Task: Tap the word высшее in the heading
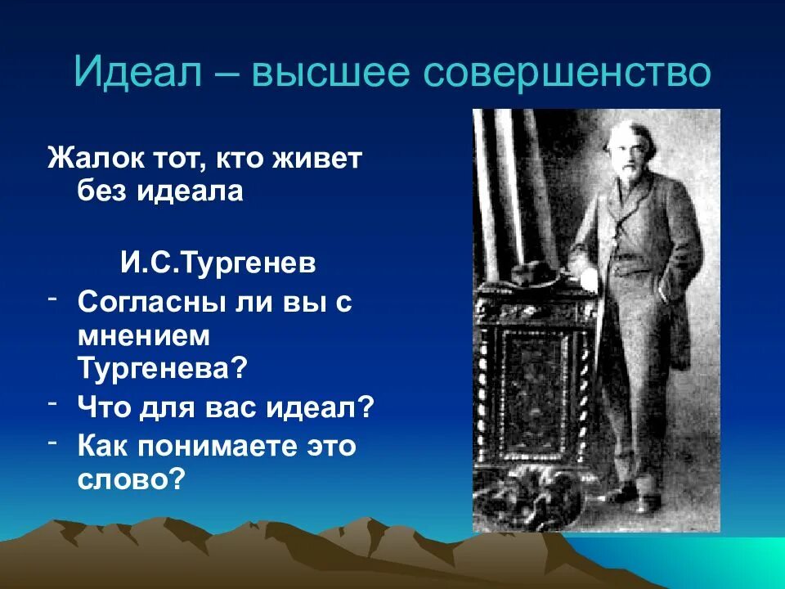pyautogui.click(x=331, y=73)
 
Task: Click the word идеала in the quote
pyautogui.click(x=191, y=191)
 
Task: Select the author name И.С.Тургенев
pyautogui.click(x=218, y=263)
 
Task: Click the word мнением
pyautogui.click(x=144, y=335)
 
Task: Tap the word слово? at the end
pyautogui.click(x=132, y=479)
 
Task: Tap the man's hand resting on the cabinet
pyautogui.click(x=590, y=279)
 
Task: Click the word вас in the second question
pyautogui.click(x=231, y=407)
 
